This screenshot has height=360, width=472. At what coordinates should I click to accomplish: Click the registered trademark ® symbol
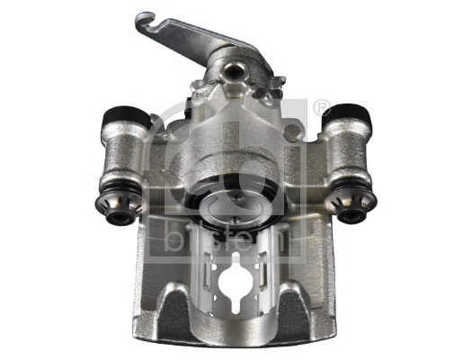[x=323, y=109]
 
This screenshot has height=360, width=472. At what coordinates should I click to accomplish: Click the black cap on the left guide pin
[x=120, y=114]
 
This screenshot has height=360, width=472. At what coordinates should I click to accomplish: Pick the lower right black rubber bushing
[x=349, y=214]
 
